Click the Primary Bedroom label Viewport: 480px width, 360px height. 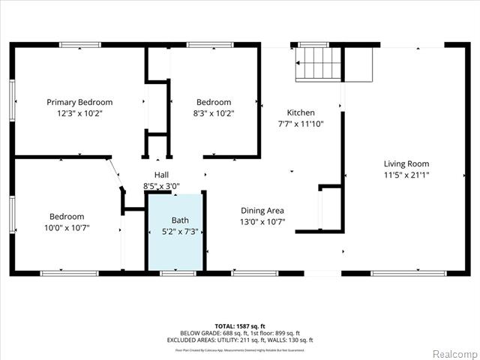(79, 102)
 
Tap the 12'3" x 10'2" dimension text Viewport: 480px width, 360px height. (79, 114)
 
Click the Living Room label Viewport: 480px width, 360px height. (406, 163)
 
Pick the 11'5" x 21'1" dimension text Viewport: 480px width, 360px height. (406, 175)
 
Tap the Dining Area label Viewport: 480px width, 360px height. (262, 211)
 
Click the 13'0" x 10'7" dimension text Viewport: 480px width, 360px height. (262, 223)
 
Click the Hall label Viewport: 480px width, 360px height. (161, 174)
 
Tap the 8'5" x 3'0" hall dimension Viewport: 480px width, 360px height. (161, 186)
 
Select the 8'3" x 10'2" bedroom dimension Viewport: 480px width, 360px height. (214, 114)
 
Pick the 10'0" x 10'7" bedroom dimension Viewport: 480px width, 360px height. (67, 228)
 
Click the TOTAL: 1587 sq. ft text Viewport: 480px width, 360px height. (240, 326)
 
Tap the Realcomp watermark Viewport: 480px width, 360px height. (454, 352)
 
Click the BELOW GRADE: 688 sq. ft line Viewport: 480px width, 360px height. (240, 333)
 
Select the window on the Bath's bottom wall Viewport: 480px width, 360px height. (178, 273)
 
